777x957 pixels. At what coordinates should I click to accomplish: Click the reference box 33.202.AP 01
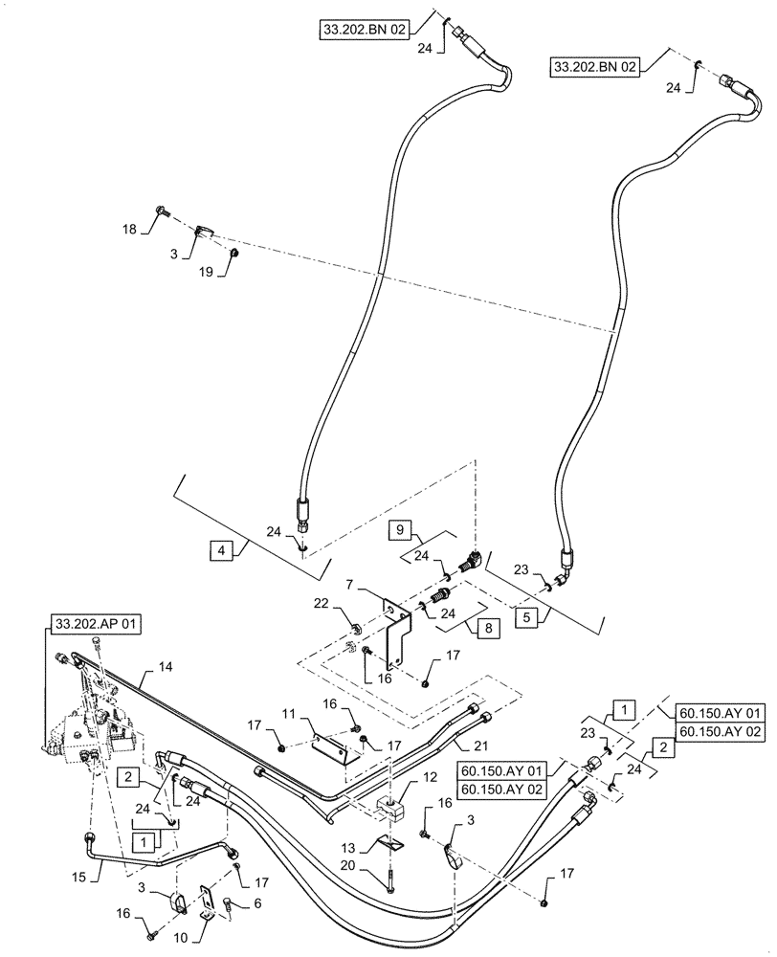[95, 624]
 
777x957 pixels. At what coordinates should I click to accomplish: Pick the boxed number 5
[524, 617]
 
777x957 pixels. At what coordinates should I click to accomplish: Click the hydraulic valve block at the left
[91, 732]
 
